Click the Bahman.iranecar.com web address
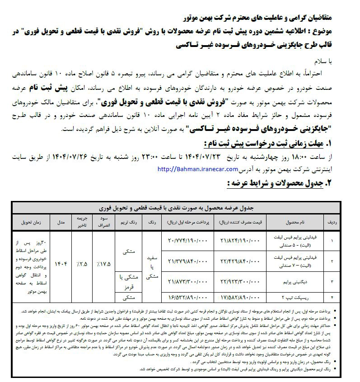(198, 169)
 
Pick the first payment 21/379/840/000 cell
(186, 261)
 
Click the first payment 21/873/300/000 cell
(186, 281)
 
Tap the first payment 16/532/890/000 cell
(186, 297)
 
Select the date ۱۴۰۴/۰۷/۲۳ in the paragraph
(201, 156)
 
